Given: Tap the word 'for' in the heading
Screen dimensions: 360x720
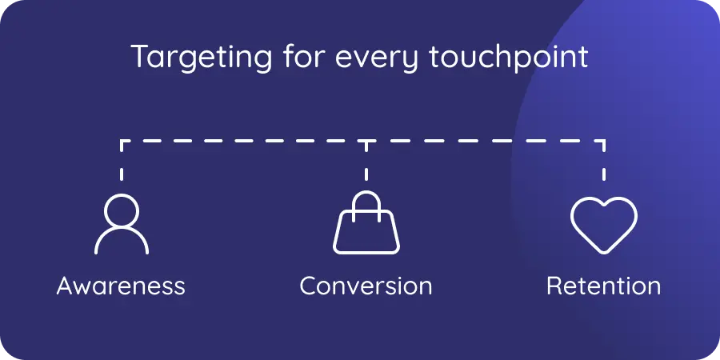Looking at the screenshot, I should coord(291,58).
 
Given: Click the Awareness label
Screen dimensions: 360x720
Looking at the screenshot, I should coord(121,286).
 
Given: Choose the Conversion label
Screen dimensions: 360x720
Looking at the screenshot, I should coord(366,286).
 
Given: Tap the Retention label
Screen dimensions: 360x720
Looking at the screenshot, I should coord(603,286).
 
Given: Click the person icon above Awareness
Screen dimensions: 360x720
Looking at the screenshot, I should coord(122,224).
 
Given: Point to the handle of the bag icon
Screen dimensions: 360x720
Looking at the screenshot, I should coord(366,202).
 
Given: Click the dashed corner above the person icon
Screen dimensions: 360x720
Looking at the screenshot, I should coord(122,142).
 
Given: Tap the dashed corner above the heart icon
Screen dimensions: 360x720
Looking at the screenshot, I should coord(604,142).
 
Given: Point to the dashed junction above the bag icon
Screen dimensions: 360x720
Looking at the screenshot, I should coord(366,142).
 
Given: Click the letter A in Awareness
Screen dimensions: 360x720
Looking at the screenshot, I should coord(66,286).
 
